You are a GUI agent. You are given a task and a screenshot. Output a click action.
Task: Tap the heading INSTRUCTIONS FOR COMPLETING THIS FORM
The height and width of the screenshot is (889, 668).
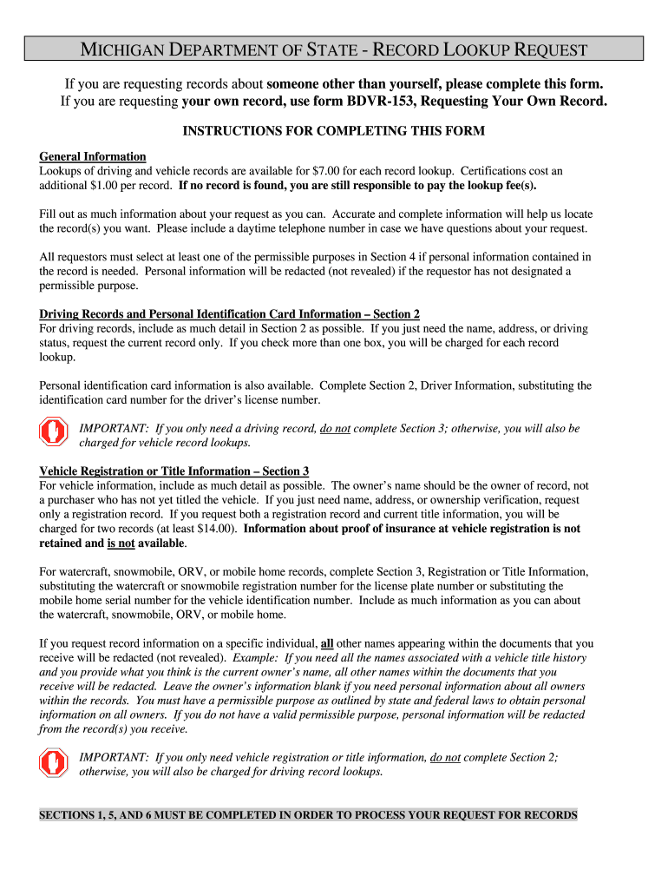pos(333,130)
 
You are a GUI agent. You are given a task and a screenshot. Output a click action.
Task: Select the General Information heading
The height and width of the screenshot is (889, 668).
pos(93,156)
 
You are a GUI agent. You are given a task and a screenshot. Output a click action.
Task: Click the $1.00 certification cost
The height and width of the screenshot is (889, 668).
pos(107,186)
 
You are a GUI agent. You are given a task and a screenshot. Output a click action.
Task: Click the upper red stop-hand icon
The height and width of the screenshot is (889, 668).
pos(54,432)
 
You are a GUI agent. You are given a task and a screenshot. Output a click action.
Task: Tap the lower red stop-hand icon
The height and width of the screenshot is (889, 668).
pos(54,762)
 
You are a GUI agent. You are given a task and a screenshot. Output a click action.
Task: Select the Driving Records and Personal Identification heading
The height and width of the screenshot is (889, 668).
pos(229,314)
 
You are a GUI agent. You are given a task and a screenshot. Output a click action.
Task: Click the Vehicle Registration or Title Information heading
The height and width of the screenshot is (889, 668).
pos(174,471)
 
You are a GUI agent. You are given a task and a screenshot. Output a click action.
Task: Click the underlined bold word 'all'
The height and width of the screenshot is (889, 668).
pos(327,643)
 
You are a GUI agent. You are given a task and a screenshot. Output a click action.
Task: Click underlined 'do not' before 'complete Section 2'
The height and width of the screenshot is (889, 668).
pos(445,758)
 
